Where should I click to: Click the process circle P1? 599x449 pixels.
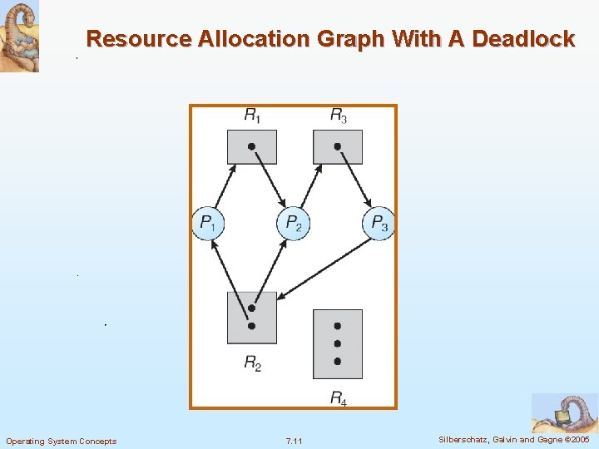pos(208,223)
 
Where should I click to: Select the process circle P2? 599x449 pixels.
pos(293,223)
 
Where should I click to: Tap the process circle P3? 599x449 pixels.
pos(379,223)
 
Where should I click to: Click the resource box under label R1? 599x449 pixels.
pos(251,146)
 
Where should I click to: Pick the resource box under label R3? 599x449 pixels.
pos(337,146)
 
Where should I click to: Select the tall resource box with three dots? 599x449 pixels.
pos(337,344)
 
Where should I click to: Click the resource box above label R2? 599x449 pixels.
pos(251,318)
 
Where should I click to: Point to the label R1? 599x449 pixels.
pos(251,115)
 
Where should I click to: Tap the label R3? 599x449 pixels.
pos(338,115)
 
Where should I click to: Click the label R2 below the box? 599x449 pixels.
pos(252,363)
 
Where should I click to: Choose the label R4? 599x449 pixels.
pos(338,398)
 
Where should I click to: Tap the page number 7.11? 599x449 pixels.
pos(294,441)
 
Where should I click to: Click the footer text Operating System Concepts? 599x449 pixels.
pos(61,441)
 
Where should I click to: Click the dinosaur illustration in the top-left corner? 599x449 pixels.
pos(19,37)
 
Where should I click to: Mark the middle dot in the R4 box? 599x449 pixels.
pos(337,343)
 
